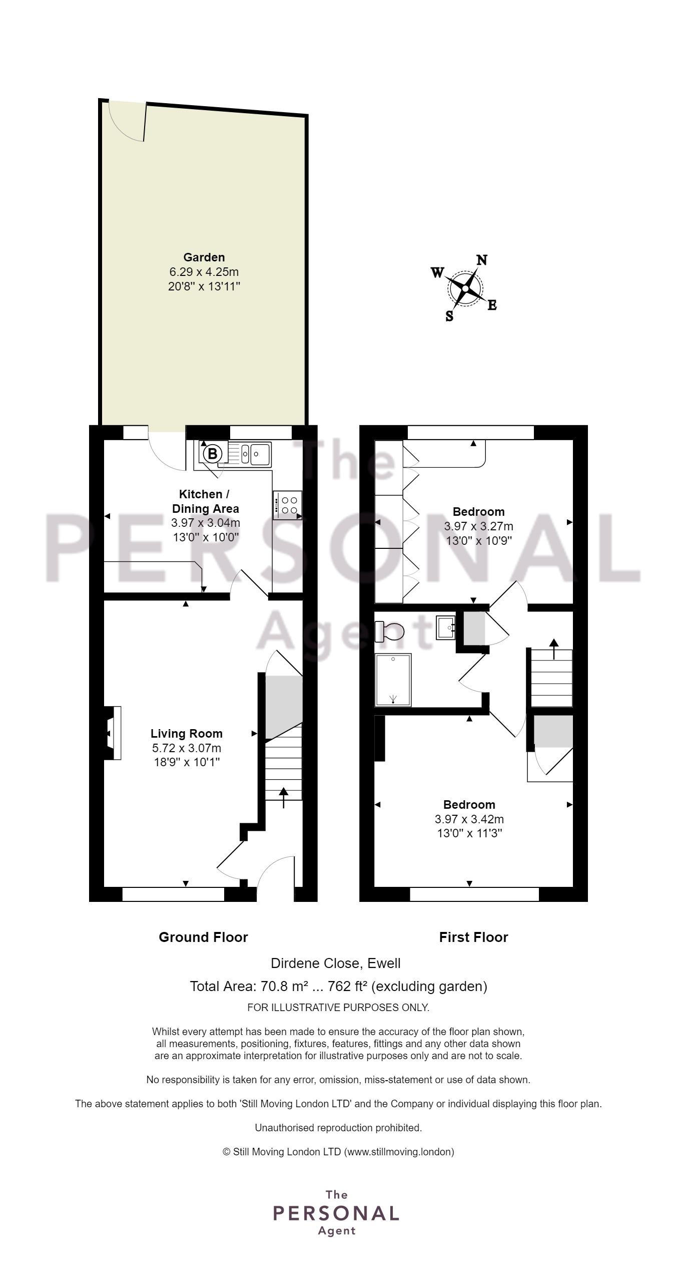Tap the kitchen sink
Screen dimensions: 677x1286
pos(250,454)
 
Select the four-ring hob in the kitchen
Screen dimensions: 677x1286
pos(288,505)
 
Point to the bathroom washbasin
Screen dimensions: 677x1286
pos(446,627)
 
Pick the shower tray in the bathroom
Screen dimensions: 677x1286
pos(393,680)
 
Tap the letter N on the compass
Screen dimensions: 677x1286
pos(482,260)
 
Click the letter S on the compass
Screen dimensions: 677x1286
pos(449,316)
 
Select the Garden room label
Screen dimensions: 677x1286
pos(204,257)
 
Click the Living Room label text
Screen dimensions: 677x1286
pos(187,734)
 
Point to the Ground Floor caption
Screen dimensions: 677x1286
pos(203,937)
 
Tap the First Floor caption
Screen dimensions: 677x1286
pos(473,937)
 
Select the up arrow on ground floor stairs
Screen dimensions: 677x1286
pos(284,798)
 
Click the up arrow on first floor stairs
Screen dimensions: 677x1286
pos(553,649)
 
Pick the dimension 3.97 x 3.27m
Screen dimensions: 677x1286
pos(478,526)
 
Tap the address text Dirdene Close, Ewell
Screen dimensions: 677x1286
pos(336,963)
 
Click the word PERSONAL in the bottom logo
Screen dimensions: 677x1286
pos(336,1213)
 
